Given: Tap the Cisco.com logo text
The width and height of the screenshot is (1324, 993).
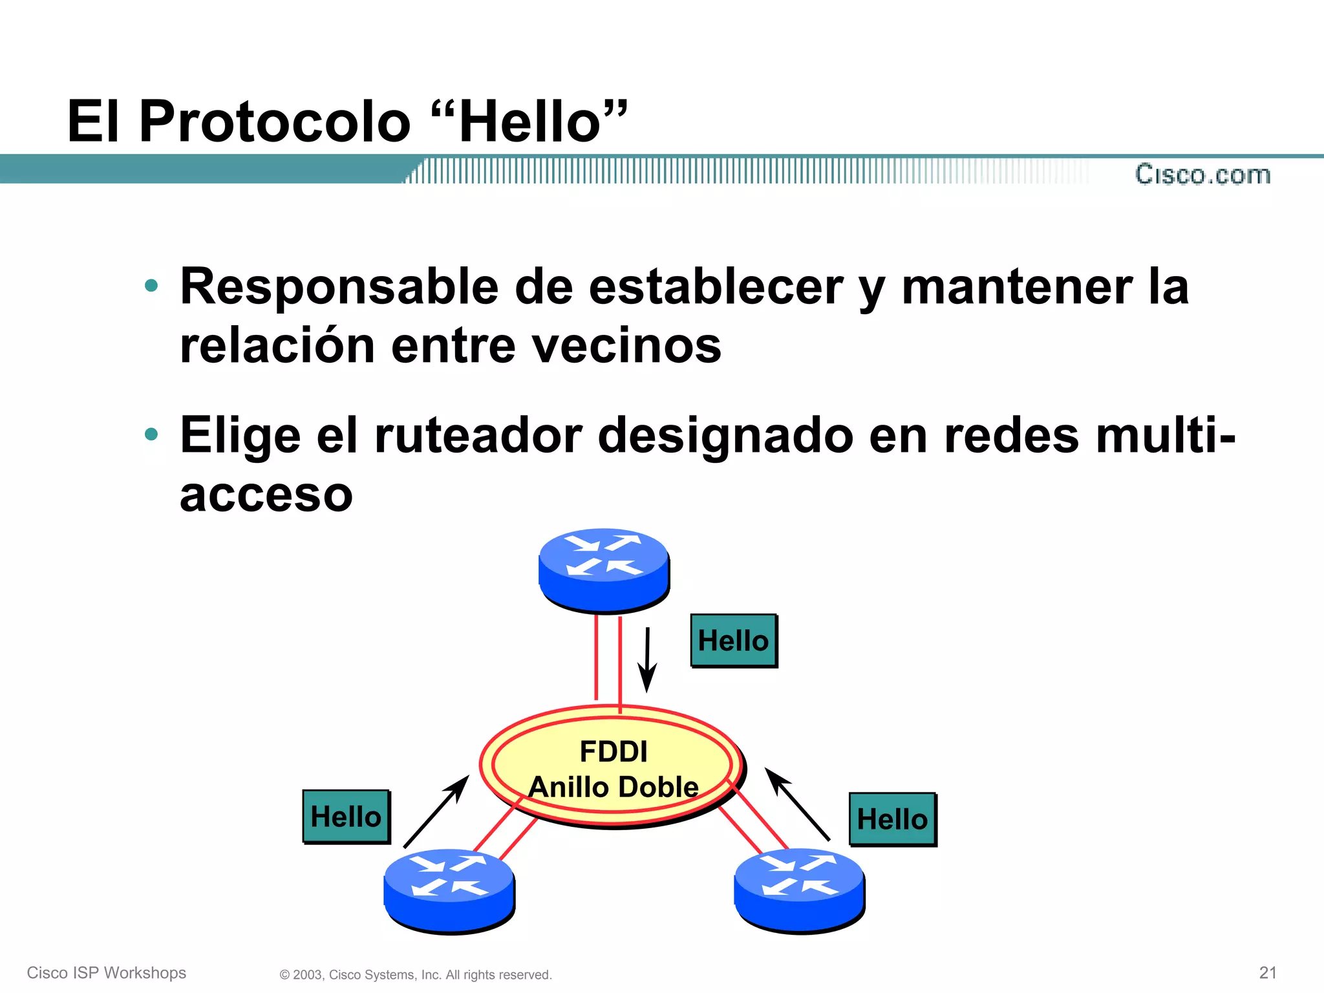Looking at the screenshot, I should pyautogui.click(x=1202, y=175).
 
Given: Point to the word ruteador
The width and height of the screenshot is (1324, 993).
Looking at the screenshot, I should pyautogui.click(x=478, y=435).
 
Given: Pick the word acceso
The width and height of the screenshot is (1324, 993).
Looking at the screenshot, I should pyautogui.click(x=266, y=495).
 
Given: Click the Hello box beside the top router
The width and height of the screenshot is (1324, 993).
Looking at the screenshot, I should pyautogui.click(x=733, y=641).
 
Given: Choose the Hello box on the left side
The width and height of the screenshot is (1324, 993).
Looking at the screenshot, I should pyautogui.click(x=346, y=817).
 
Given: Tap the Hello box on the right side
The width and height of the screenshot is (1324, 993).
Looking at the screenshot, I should pyautogui.click(x=892, y=819).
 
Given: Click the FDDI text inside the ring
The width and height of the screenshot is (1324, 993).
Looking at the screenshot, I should pyautogui.click(x=613, y=752).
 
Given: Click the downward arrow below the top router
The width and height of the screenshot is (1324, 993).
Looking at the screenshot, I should pyautogui.click(x=647, y=659).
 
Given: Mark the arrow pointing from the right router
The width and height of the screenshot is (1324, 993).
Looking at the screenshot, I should pyautogui.click(x=797, y=804).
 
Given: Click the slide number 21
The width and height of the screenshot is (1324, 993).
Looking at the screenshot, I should pyautogui.click(x=1268, y=972).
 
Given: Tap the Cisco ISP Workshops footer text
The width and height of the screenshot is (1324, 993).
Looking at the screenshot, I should pyautogui.click(x=107, y=972).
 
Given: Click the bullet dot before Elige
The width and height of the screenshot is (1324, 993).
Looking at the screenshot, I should pyautogui.click(x=151, y=434).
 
